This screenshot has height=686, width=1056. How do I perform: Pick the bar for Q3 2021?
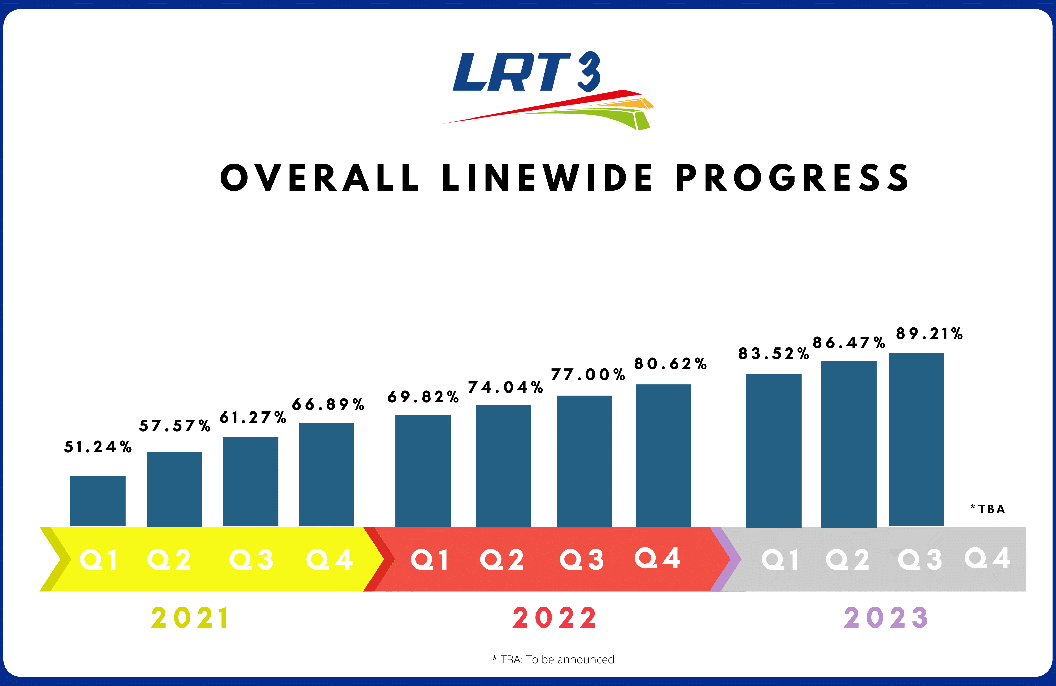[x=250, y=482]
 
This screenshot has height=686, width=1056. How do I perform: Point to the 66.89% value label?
[x=328, y=404]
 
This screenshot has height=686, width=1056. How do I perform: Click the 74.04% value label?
[x=505, y=387]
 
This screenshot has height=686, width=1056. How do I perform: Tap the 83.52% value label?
[x=773, y=354]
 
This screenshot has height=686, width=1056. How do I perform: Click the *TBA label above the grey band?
[x=988, y=509]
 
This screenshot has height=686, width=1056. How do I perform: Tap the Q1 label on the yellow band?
[x=99, y=560]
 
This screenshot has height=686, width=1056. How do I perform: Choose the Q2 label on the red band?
[x=502, y=560]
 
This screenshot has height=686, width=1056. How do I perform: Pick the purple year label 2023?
[x=886, y=618]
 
